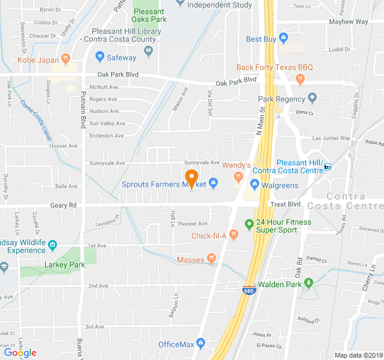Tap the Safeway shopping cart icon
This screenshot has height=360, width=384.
click(x=100, y=58)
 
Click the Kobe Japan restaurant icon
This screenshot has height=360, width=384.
click(x=66, y=59)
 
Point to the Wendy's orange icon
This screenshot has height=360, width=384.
click(x=238, y=176)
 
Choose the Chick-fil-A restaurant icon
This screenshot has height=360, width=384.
click(x=233, y=235)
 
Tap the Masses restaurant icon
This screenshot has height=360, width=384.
click(x=211, y=259)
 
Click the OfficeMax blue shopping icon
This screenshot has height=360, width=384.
click(x=200, y=344)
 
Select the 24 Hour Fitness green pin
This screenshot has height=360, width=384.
click(x=249, y=225)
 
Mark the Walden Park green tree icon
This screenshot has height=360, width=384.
click(x=308, y=283)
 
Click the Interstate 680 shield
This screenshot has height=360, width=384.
click(x=248, y=290)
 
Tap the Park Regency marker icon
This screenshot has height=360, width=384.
click(x=312, y=98)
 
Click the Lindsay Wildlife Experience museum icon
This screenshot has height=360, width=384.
click(x=52, y=245)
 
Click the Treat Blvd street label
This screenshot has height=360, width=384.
click(x=285, y=204)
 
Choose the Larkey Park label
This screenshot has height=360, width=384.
click(x=65, y=265)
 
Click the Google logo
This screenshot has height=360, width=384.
click(x=20, y=353)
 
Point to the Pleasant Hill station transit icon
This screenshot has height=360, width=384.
click(x=327, y=167)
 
